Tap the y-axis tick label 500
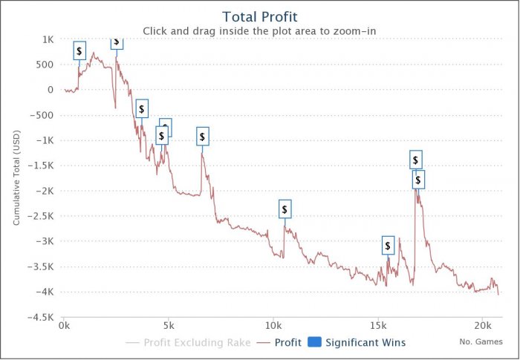click(45, 65)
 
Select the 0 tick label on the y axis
click(51, 90)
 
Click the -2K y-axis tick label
click(45, 191)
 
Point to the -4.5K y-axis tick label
click(40, 317)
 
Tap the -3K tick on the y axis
click(45, 241)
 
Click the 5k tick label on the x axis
click(169, 325)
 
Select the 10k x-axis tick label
click(273, 325)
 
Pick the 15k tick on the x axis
click(378, 325)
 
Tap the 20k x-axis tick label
click(483, 325)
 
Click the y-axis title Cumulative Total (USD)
click(16, 178)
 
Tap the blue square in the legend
click(314, 343)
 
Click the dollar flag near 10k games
click(285, 209)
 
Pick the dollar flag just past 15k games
click(388, 246)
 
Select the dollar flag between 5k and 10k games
click(202, 137)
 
